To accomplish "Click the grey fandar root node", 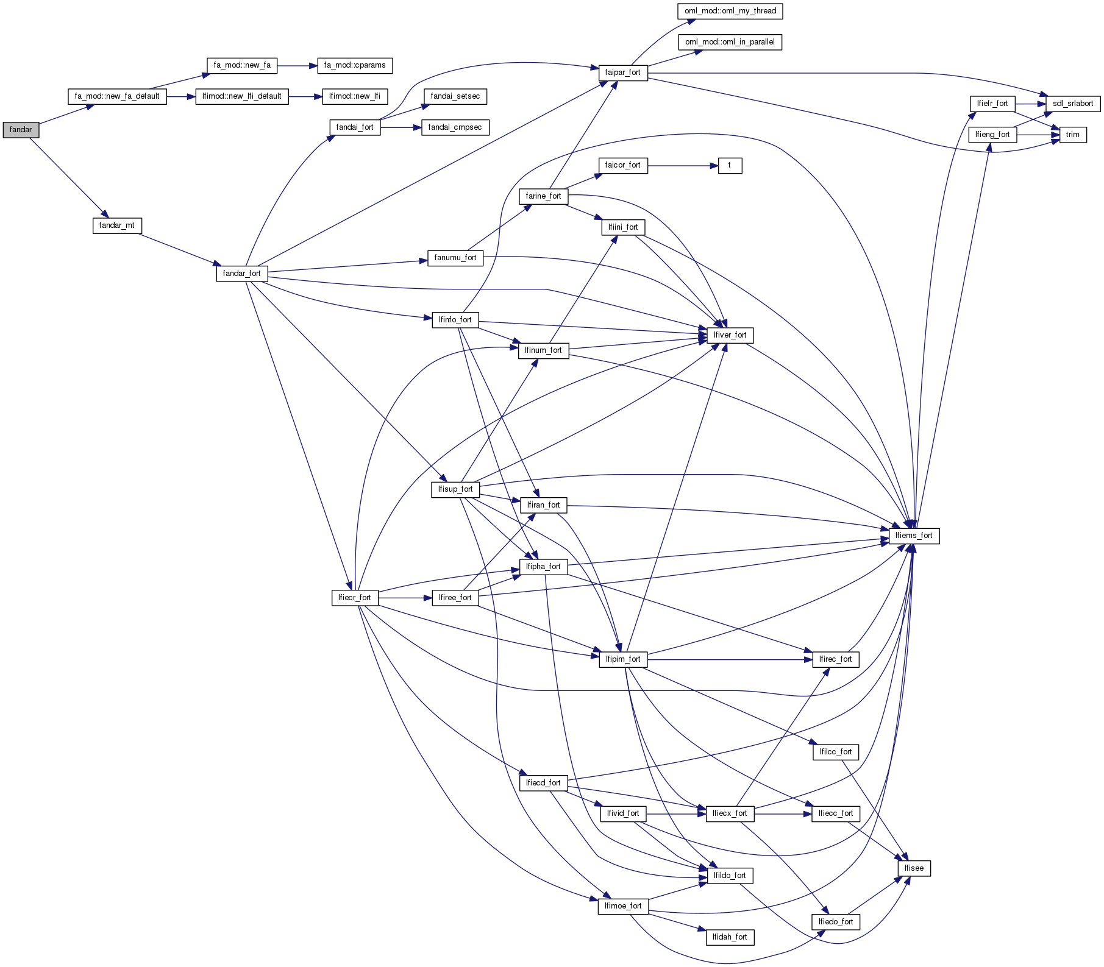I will point(21,130).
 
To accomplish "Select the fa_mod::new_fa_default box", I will point(117,96).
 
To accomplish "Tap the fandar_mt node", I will point(116,225).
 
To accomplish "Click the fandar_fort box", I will point(241,274).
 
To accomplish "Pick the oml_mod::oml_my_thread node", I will point(730,11).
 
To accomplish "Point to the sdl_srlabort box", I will point(1072,104).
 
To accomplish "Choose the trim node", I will point(1072,135).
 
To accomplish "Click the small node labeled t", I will point(729,165).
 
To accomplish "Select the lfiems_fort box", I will point(913,536).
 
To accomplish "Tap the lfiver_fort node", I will point(729,335).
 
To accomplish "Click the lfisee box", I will point(913,868).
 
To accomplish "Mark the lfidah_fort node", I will point(729,937).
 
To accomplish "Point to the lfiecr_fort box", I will point(354,598).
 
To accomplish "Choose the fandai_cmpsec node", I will point(455,127).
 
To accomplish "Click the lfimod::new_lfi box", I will point(354,96).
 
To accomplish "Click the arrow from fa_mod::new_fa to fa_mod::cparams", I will point(297,65).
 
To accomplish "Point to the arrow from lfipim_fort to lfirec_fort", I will point(729,659).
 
